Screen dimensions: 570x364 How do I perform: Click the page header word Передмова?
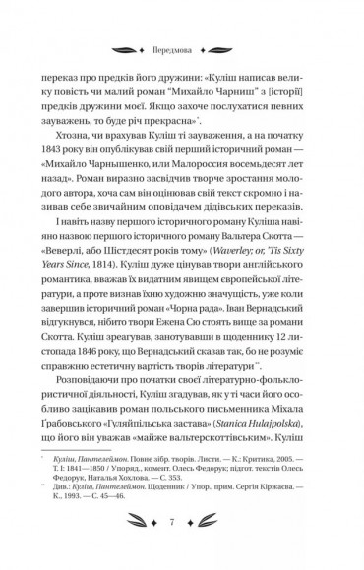(181, 45)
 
